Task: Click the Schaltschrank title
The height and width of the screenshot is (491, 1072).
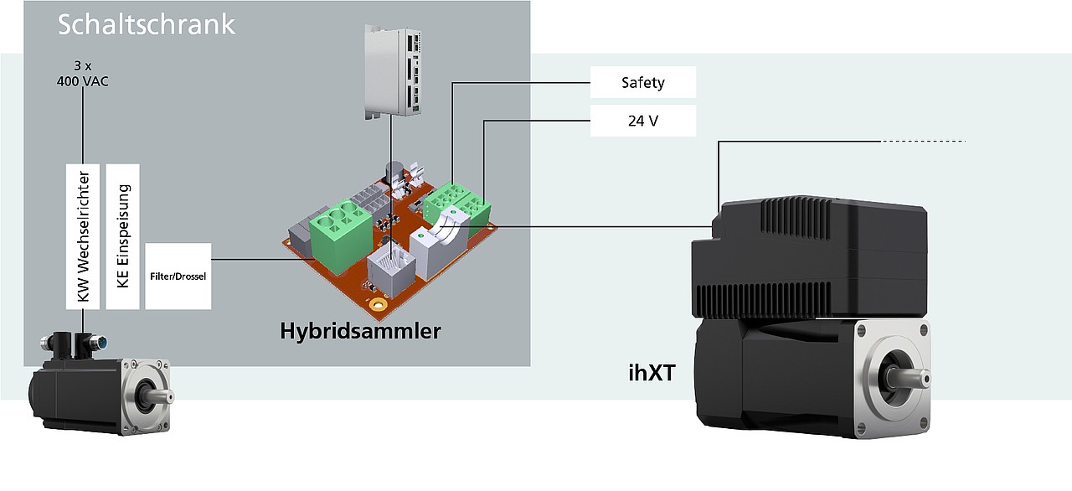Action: [147, 25]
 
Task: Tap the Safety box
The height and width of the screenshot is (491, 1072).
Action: [642, 82]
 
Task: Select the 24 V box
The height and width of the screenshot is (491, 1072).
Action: [642, 121]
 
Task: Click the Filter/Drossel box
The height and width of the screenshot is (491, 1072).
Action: [178, 277]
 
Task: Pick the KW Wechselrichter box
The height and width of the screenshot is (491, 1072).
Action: [83, 236]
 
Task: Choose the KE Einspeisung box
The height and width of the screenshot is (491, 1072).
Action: [122, 236]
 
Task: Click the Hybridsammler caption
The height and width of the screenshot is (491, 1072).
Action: [360, 331]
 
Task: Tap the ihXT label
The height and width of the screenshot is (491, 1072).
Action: [652, 373]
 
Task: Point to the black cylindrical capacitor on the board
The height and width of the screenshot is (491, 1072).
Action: [394, 173]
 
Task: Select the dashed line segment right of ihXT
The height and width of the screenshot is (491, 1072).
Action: [923, 141]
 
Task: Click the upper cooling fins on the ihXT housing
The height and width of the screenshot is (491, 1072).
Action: [796, 220]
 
